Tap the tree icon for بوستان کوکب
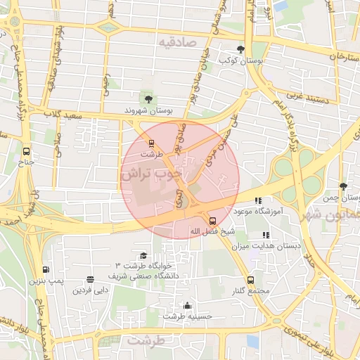pyautogui.click(x=241, y=49)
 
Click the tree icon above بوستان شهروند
pyautogui.click(x=147, y=98)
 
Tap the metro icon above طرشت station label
pyautogui.click(x=150, y=143)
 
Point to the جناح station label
pyautogui.click(x=26, y=162)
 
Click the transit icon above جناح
pyautogui.click(x=27, y=150)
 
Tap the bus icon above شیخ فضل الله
pyautogui.click(x=213, y=220)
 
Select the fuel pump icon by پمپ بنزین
pyautogui.click(x=46, y=269)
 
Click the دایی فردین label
pyautogui.click(x=91, y=289)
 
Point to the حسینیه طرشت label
pyautogui.click(x=187, y=316)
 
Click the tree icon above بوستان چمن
pyautogui.click(x=343, y=186)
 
